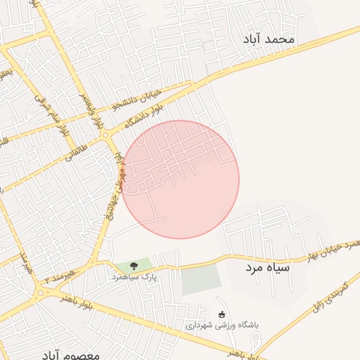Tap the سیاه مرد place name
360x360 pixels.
point(268,268)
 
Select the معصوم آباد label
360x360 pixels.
point(70,351)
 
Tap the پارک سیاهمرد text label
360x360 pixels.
point(131,278)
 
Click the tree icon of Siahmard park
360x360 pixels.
point(133,265)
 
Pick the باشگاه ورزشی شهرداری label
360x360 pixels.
point(222,326)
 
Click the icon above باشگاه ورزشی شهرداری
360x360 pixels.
point(223,314)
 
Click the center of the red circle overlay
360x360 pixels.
point(180,179)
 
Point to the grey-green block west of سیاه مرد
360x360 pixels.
point(201,281)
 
